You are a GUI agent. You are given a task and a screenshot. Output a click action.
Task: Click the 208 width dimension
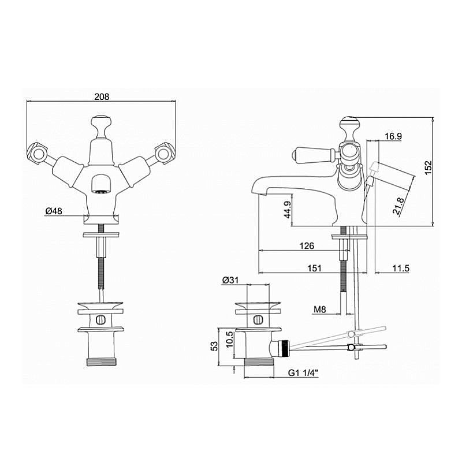click(x=102, y=96)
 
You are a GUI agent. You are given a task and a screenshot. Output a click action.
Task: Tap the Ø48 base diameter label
click(x=54, y=211)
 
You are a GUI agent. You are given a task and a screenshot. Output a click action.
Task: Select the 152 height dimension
click(x=428, y=167)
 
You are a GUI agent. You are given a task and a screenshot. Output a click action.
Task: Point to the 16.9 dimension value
click(x=393, y=136)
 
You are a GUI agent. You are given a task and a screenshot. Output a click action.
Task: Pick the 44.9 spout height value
click(x=287, y=210)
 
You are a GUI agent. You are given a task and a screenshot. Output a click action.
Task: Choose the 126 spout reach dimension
click(x=307, y=245)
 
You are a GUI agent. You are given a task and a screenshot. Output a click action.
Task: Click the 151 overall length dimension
click(x=314, y=268)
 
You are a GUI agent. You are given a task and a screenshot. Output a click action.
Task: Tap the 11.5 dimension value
click(x=401, y=268)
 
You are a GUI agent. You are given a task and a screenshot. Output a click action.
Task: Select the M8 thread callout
click(x=320, y=310)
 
